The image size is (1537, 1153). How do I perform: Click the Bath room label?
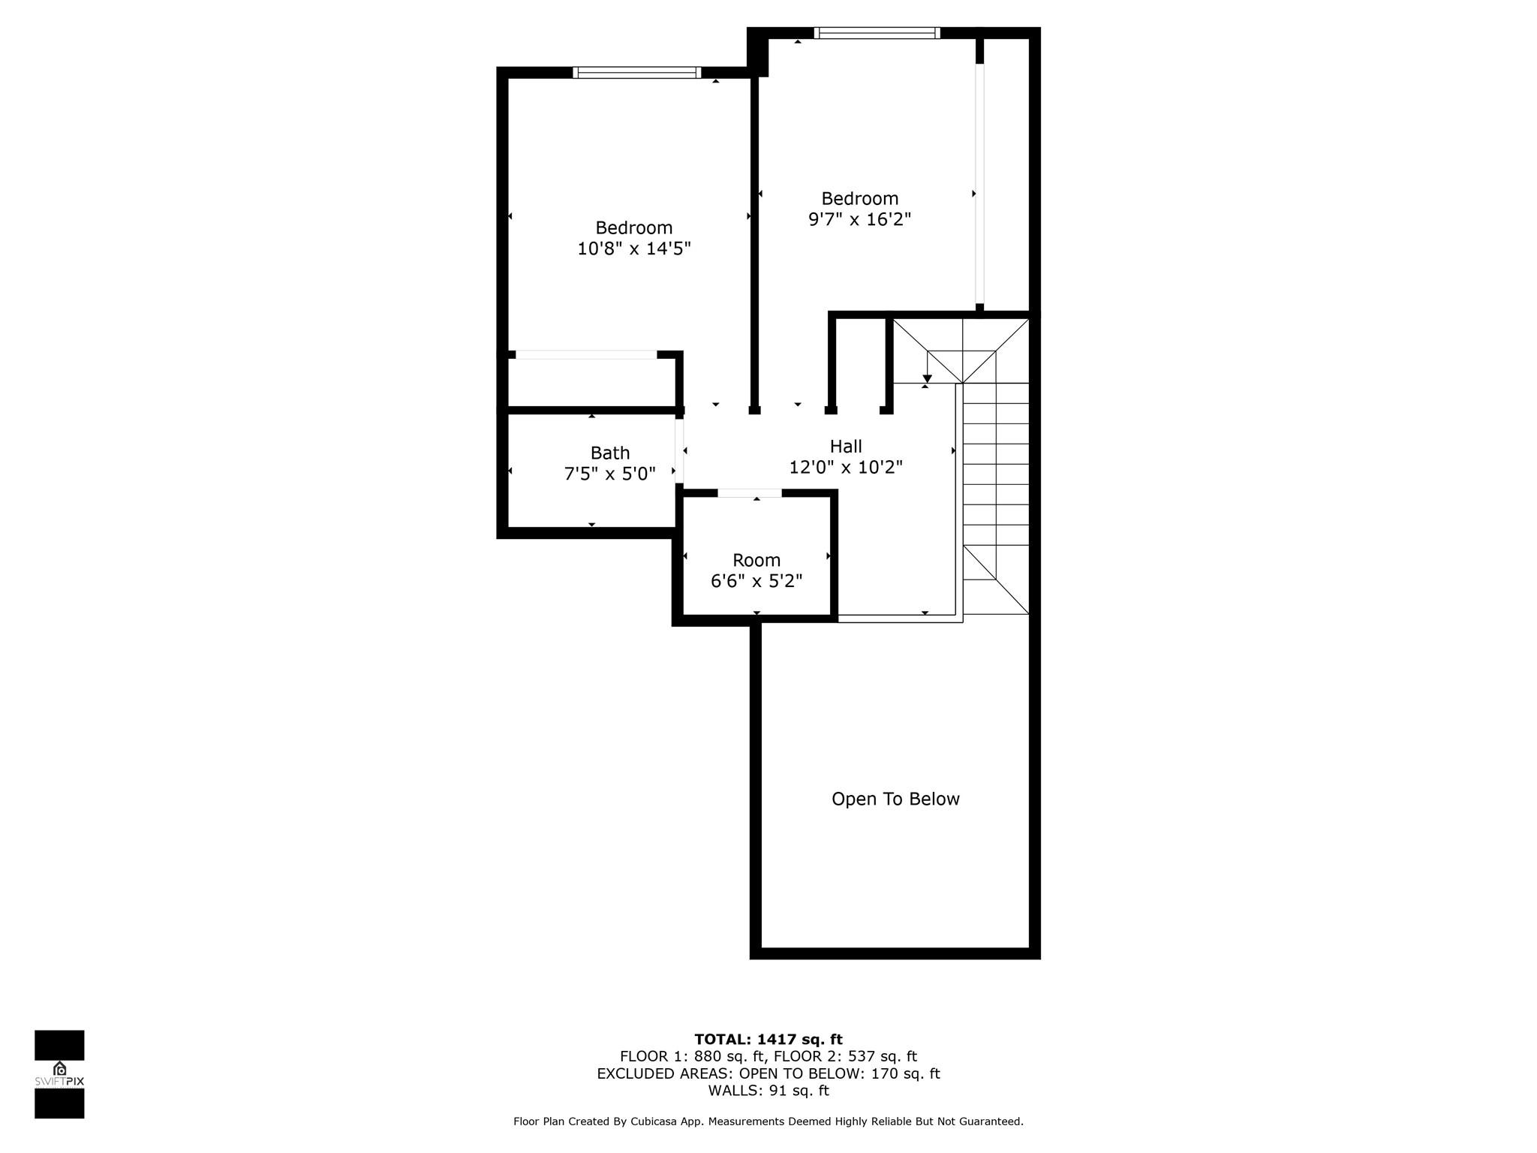(x=609, y=453)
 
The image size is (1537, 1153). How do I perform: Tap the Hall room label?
(x=846, y=447)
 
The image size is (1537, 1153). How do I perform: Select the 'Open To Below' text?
(x=895, y=799)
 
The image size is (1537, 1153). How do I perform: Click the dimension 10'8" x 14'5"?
(x=633, y=248)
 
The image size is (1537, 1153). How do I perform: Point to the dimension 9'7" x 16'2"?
(x=859, y=219)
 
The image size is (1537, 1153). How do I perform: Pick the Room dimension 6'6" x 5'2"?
(x=756, y=581)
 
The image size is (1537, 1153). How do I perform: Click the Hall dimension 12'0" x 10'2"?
(x=846, y=468)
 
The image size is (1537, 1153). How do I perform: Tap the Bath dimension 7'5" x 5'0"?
(x=609, y=474)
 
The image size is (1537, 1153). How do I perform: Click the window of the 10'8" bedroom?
(x=636, y=73)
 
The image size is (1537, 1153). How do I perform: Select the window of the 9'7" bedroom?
(x=877, y=33)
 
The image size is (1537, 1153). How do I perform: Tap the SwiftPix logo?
(x=59, y=1074)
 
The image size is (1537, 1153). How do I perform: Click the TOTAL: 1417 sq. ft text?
(x=768, y=1040)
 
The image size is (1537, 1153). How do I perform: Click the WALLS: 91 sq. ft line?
(x=768, y=1091)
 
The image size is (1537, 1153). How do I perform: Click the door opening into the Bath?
(x=679, y=451)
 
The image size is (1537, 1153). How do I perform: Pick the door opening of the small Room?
(x=750, y=493)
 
